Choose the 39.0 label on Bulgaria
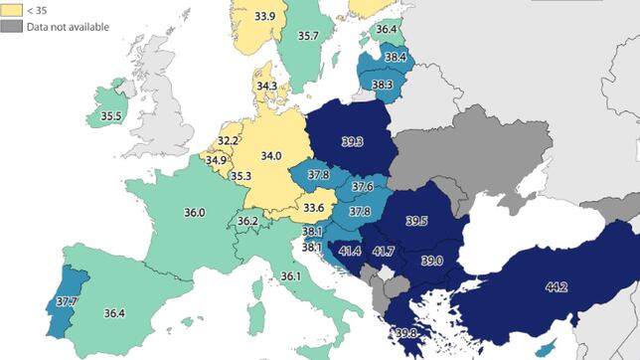tap(431, 261)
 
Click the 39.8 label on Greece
tap(404, 333)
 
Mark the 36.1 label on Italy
tap(290, 275)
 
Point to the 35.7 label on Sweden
tap(308, 36)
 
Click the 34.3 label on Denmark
tap(266, 87)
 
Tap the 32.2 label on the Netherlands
tap(228, 141)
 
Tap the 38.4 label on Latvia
tap(396, 58)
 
